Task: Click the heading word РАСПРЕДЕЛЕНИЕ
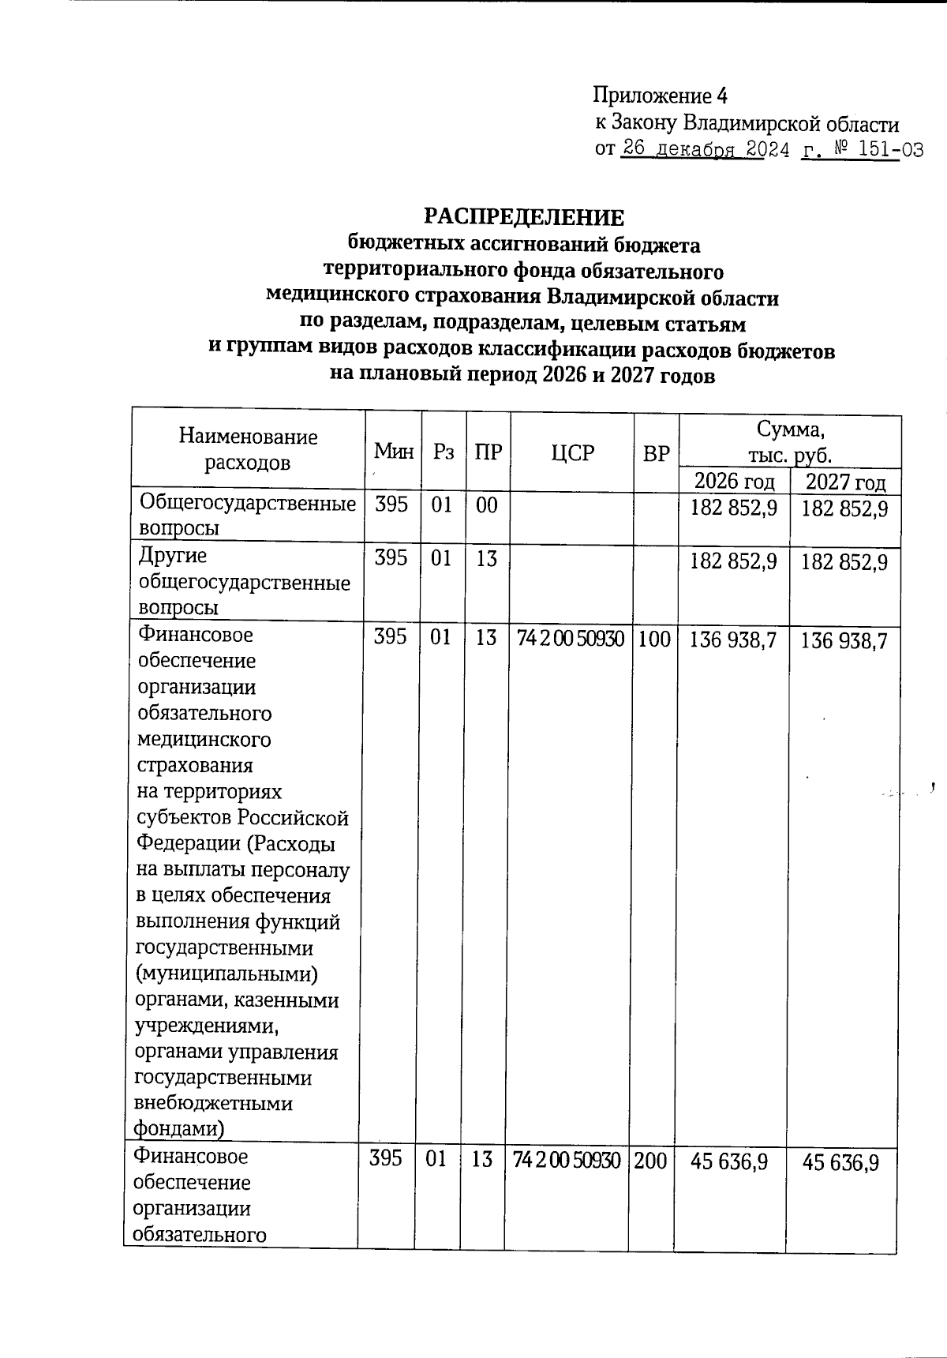(x=524, y=217)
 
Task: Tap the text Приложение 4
(x=660, y=96)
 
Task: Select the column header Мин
(x=394, y=452)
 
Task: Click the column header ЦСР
(x=572, y=452)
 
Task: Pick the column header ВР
(x=656, y=453)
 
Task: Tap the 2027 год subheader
(x=845, y=482)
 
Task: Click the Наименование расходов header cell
(x=248, y=449)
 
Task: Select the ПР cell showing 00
(x=487, y=505)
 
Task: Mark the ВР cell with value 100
(x=654, y=638)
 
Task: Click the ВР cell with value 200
(x=650, y=1160)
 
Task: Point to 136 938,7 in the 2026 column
(x=733, y=639)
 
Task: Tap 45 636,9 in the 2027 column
(x=840, y=1161)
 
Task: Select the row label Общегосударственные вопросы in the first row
(x=247, y=516)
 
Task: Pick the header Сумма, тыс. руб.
(x=790, y=442)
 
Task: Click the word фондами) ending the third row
(x=179, y=1129)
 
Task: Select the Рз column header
(x=444, y=452)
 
